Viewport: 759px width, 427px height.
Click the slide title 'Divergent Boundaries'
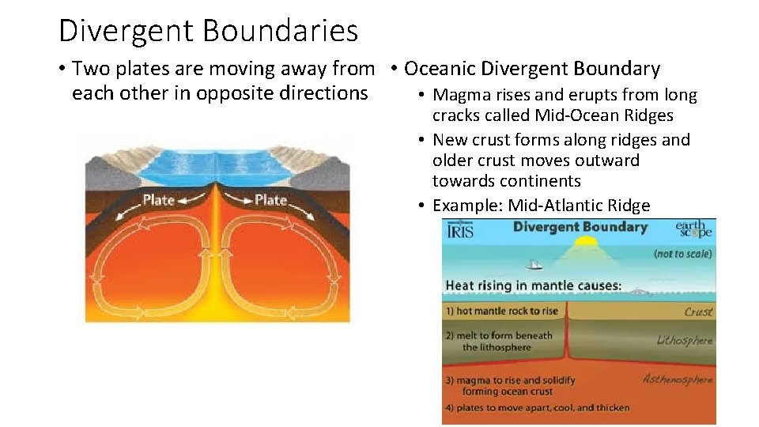208,32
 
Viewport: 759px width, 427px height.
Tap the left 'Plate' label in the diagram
158,200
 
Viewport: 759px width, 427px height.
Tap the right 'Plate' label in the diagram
270,200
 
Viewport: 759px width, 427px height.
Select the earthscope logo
693,229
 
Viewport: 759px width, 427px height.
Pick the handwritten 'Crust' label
698,312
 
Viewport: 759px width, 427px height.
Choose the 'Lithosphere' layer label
685,340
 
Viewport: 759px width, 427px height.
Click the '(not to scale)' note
682,254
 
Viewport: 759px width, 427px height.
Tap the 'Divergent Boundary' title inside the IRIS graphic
580,227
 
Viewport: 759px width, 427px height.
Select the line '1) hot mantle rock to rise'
501,311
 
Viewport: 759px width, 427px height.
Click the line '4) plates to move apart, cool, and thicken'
538,408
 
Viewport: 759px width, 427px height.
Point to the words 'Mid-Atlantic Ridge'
579,206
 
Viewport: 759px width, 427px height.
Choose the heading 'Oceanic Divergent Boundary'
531,70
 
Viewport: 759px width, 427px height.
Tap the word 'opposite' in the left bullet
230,93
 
